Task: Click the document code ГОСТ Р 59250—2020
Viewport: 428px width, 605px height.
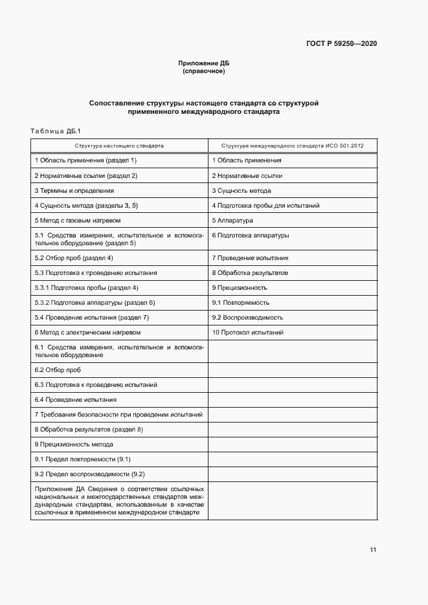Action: [341, 43]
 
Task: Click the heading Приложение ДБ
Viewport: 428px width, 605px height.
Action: [204, 63]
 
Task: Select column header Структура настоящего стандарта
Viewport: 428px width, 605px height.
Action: [119, 146]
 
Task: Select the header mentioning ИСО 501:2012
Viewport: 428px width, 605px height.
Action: [292, 146]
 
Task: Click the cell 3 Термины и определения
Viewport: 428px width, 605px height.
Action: [74, 191]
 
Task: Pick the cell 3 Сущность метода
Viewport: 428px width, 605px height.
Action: [242, 191]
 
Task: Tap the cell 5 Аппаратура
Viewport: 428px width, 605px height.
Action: [232, 221]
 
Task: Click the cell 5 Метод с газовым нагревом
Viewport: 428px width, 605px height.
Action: [78, 221]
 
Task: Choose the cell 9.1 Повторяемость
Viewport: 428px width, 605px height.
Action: [241, 302]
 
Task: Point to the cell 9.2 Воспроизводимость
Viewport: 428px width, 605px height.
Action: [248, 318]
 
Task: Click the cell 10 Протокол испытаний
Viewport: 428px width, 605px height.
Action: [248, 333]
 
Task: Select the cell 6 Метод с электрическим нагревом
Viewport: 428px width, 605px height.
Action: [87, 333]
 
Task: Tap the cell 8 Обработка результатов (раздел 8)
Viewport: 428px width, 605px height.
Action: [89, 430]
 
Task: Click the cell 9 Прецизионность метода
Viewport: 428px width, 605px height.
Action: [74, 445]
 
